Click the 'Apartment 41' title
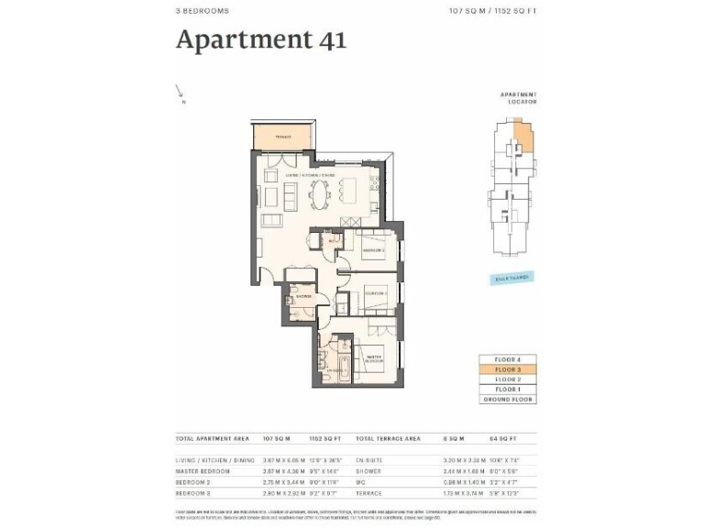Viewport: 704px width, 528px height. pos(260,40)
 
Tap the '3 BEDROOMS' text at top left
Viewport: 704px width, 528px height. pos(202,11)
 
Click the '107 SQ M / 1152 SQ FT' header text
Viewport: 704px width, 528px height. pos(492,11)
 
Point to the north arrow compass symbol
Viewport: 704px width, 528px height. pos(181,92)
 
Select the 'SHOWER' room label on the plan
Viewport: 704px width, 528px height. pos(303,296)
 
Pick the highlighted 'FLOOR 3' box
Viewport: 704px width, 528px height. pos(507,368)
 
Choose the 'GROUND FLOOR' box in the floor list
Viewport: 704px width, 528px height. pos(507,399)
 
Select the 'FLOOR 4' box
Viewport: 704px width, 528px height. pos(507,358)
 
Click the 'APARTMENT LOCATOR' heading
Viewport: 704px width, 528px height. pos(518,98)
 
